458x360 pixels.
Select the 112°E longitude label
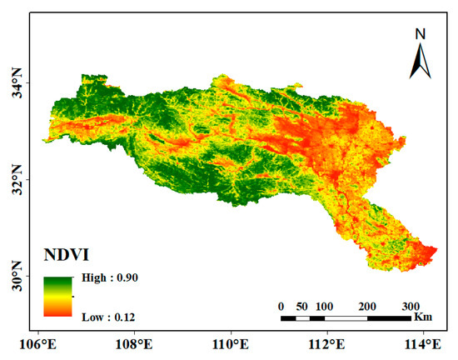click(327, 342)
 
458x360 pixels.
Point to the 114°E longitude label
click(422, 342)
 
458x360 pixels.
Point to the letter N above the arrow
click(421, 33)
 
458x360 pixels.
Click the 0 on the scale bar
click(281, 305)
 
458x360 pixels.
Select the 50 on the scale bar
click(301, 305)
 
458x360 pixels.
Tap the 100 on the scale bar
click(324, 305)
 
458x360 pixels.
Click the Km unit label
click(423, 317)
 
